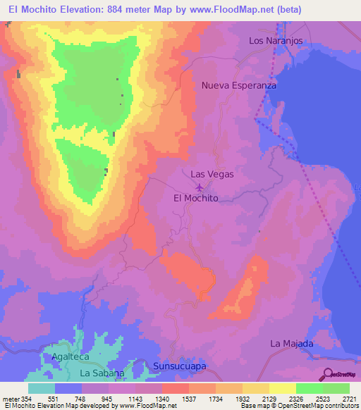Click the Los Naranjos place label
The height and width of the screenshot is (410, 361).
tap(276, 41)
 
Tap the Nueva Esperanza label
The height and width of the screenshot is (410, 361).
tap(238, 85)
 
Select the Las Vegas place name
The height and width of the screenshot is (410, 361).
tap(212, 174)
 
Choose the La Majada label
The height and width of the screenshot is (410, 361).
tap(291, 344)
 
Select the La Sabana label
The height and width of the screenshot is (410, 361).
tap(102, 373)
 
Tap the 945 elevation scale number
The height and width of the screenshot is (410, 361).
tap(109, 399)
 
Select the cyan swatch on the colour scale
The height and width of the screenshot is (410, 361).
tap(42, 388)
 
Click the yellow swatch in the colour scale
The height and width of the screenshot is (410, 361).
tap(283, 388)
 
